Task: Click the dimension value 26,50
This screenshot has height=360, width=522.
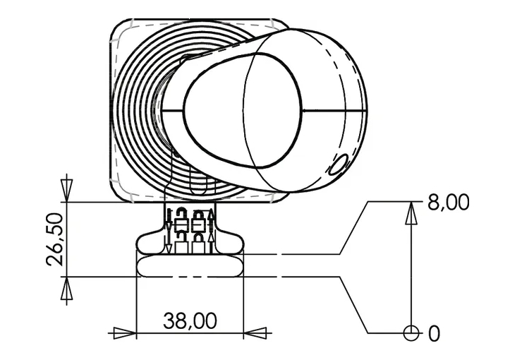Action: click(x=54, y=239)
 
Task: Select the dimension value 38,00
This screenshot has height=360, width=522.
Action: click(x=190, y=320)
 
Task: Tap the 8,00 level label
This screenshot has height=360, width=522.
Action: click(x=448, y=202)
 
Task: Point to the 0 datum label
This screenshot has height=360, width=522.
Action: click(x=434, y=333)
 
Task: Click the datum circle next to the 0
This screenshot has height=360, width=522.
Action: click(x=411, y=333)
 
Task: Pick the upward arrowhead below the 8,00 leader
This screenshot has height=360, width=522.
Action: click(x=411, y=213)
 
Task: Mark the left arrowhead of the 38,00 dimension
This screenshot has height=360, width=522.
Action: click(x=125, y=333)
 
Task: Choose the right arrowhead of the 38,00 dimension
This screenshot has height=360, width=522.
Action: click(x=255, y=333)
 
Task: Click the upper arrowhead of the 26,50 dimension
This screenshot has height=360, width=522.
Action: click(x=66, y=191)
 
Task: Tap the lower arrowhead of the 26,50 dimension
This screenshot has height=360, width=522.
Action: click(x=66, y=288)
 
